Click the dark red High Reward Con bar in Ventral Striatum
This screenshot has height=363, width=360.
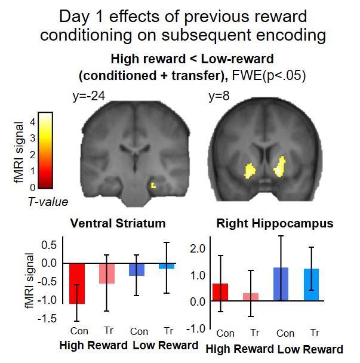78,284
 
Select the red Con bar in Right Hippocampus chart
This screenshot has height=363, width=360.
220,292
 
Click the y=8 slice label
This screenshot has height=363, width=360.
219,97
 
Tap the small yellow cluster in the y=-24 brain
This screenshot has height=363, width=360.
153,185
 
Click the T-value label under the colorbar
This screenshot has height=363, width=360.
48,202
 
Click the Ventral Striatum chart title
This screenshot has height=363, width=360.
118,224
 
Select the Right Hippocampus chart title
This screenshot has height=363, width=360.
275,224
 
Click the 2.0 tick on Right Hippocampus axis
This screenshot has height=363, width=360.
198,248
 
